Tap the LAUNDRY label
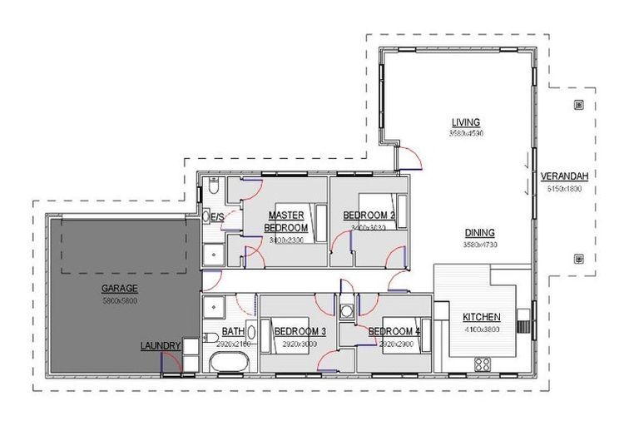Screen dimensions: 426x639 pyautogui.click(x=161, y=345)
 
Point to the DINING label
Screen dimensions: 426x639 pyautogui.click(x=480, y=233)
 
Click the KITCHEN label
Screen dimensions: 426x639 pyautogui.click(x=481, y=317)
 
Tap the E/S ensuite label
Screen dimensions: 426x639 pyautogui.click(x=217, y=217)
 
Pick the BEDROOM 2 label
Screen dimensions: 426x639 pyautogui.click(x=369, y=215)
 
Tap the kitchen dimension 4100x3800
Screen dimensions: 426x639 pyautogui.click(x=481, y=328)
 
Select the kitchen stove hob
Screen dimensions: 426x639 pyautogui.click(x=482, y=363)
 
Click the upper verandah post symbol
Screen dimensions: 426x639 pyautogui.click(x=578, y=105)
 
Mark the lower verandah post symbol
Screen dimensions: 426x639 pyautogui.click(x=578, y=259)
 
